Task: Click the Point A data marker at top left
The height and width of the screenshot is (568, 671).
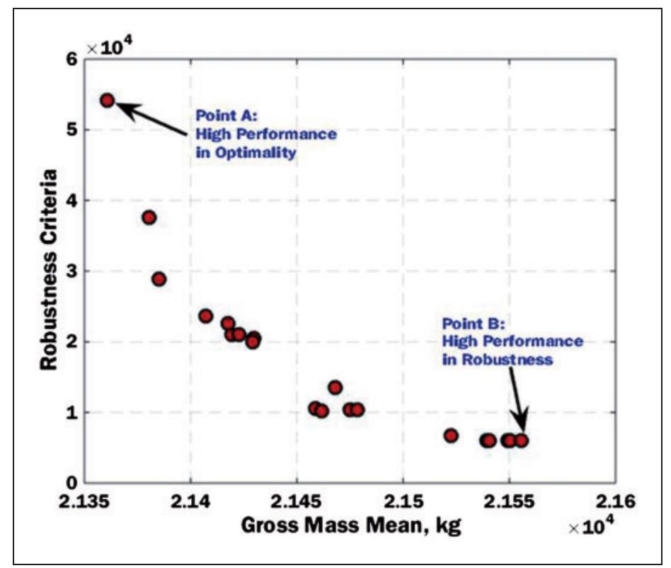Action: click(108, 101)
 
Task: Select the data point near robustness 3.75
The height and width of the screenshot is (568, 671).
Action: click(149, 217)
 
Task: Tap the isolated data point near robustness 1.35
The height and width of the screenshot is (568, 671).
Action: click(335, 387)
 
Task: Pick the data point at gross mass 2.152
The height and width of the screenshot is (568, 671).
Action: click(451, 436)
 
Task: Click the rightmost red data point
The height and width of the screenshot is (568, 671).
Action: click(522, 441)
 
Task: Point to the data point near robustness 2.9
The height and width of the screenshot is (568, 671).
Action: click(159, 279)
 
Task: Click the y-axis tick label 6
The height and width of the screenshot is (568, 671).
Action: click(71, 59)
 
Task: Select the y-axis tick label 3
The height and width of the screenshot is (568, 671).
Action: click(71, 271)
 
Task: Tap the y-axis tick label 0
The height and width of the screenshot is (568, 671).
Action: click(71, 484)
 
